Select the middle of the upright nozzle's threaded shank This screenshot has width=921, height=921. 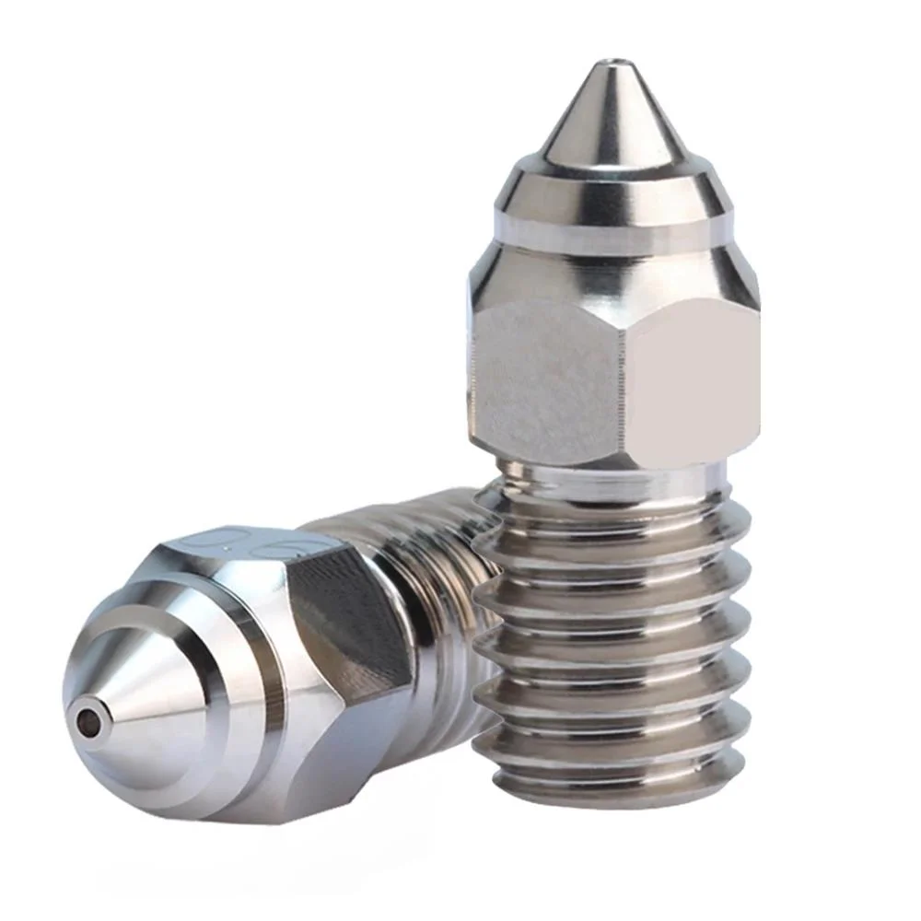[612, 645]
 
